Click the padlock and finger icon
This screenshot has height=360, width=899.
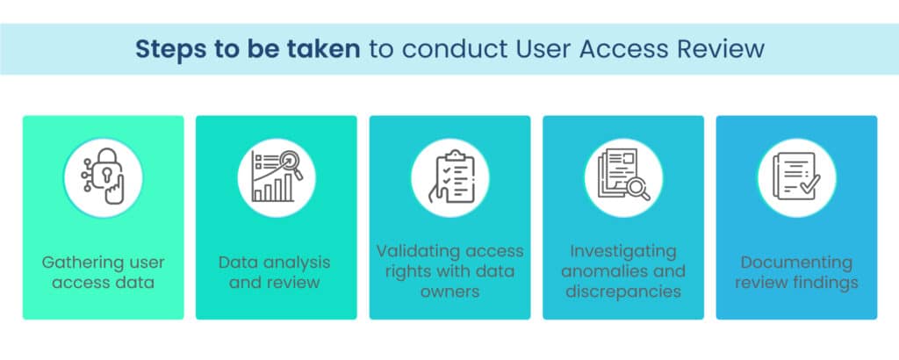[x=104, y=176]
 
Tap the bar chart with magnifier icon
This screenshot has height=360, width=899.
[x=277, y=176]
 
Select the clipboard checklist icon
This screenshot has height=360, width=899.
[x=450, y=176]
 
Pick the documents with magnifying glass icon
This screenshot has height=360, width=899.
[x=624, y=176]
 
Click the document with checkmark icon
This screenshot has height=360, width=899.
[x=796, y=176]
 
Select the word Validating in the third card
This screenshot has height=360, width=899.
[x=417, y=251]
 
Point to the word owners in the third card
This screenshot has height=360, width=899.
[x=450, y=292]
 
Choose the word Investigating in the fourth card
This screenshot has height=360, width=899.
[x=623, y=251]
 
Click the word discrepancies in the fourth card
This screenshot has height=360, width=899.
[x=623, y=292]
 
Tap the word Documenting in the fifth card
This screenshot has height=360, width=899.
[x=796, y=263]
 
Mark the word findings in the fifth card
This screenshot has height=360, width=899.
[x=823, y=283]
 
